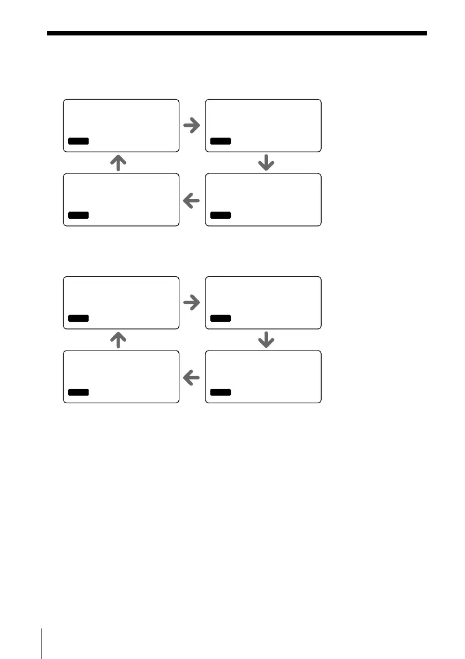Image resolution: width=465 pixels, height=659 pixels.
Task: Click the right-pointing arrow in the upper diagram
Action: click(191, 126)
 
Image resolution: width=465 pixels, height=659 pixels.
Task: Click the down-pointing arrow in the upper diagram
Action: click(267, 162)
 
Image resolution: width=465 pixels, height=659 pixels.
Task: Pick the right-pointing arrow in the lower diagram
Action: click(191, 302)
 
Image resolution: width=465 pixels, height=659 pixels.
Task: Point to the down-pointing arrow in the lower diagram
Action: click(267, 339)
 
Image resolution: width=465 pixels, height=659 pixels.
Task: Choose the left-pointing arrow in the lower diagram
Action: click(191, 378)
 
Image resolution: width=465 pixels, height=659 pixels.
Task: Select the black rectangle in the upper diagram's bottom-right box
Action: click(220, 215)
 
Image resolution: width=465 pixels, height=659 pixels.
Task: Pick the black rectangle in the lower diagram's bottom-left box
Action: click(78, 393)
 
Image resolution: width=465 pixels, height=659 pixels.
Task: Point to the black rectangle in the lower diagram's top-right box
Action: click(220, 318)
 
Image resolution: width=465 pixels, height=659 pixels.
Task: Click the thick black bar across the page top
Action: click(237, 34)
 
